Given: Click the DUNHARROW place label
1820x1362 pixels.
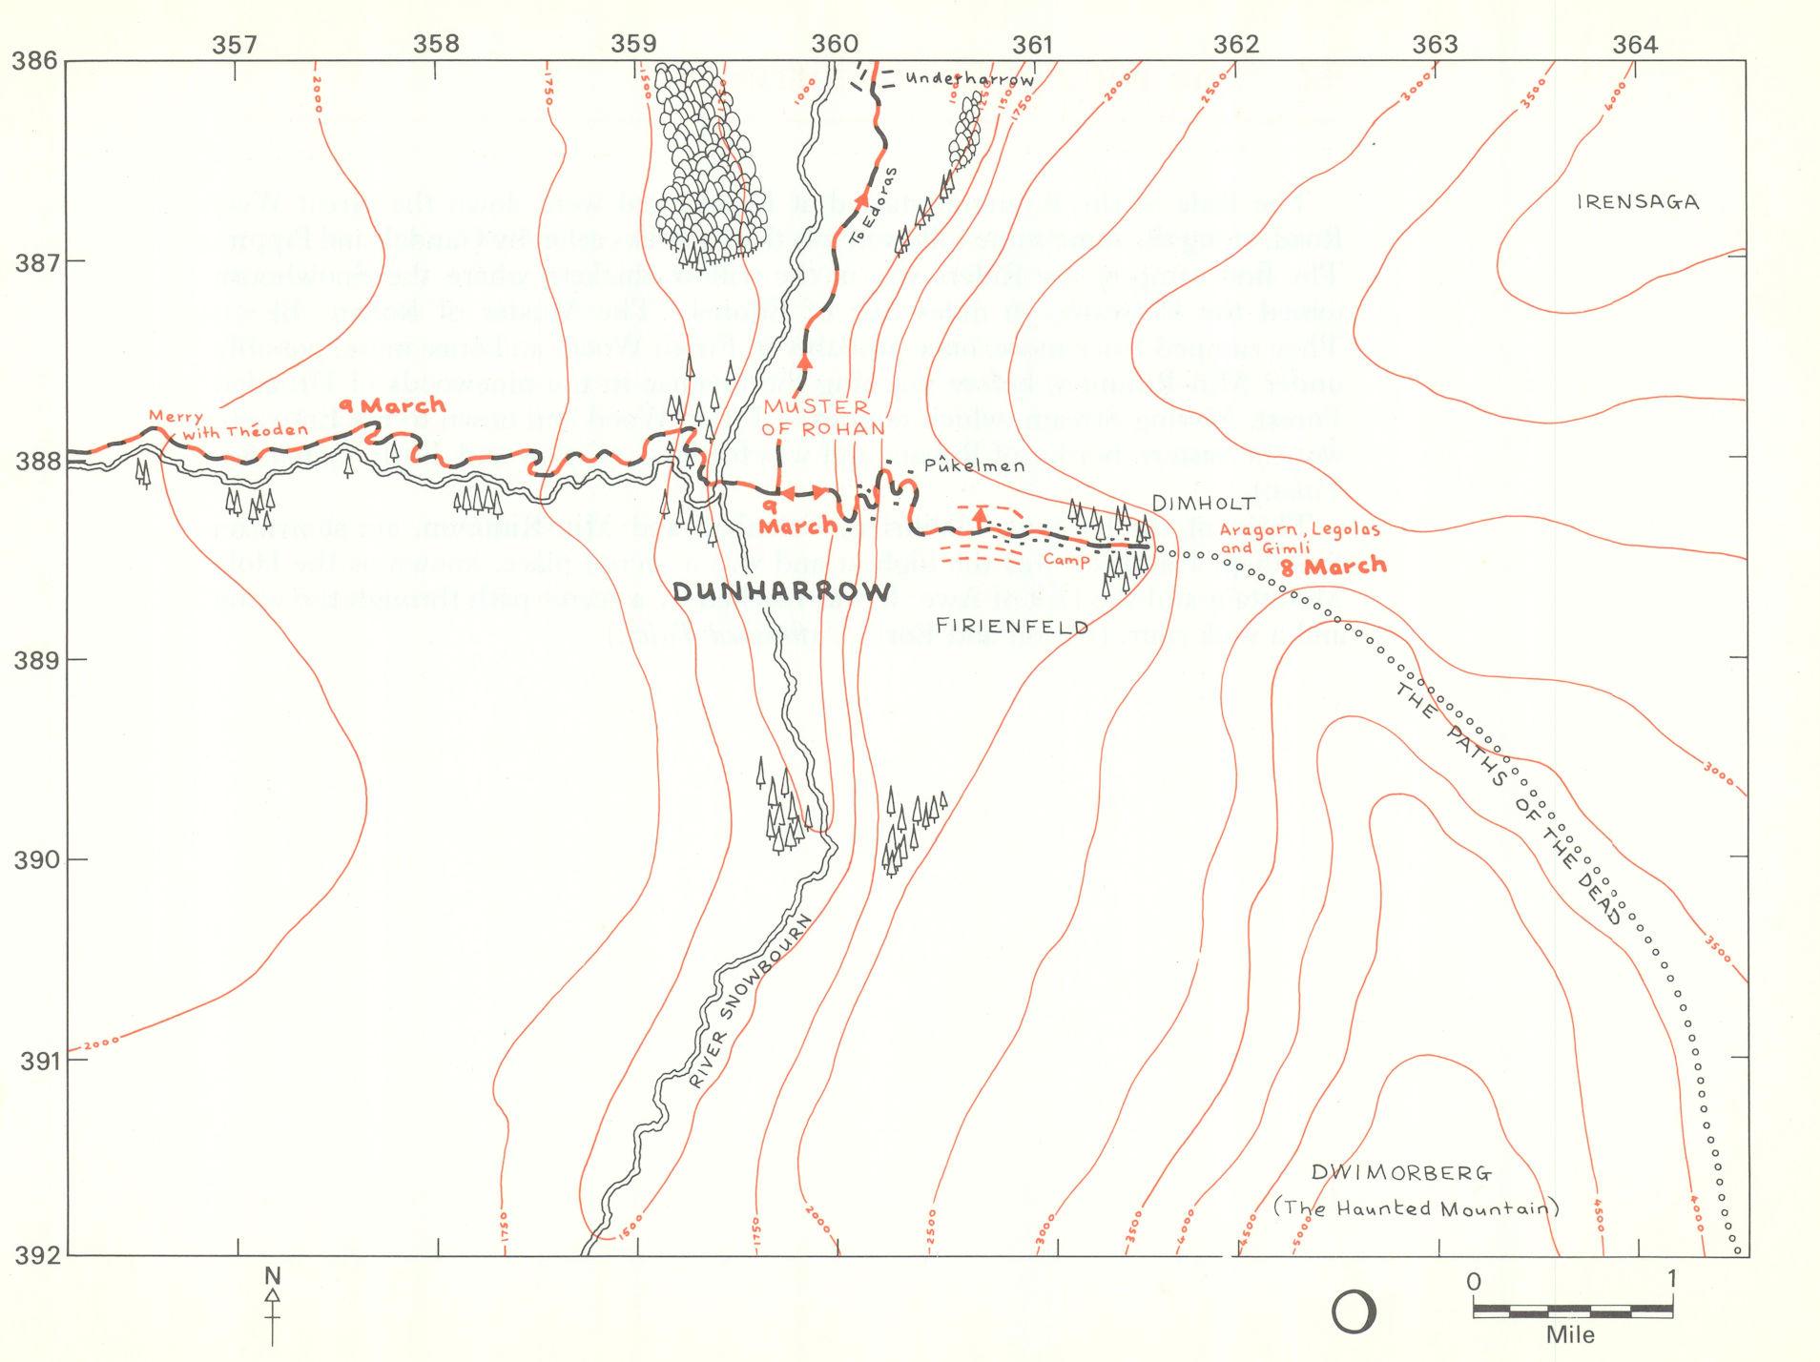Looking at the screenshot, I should coord(781,592).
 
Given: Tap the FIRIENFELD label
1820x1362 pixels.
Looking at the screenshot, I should coord(1012,627).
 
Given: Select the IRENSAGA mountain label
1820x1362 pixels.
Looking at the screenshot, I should coord(1637,202).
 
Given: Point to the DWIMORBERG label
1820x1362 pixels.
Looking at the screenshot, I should coord(1401,1173).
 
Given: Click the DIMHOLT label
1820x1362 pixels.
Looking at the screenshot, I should coord(1203,504).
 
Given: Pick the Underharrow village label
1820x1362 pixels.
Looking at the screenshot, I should coord(969,79).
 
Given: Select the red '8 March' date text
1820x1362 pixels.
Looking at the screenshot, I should coord(1333,567).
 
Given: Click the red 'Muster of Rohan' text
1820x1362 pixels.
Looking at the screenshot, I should coord(821,418).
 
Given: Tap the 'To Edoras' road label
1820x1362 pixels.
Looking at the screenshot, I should coord(873,206).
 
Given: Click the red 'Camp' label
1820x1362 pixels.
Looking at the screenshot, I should coord(1065,560).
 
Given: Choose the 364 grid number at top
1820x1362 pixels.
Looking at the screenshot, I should coord(1634,44).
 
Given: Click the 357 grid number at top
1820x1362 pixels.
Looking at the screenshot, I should coord(235,44).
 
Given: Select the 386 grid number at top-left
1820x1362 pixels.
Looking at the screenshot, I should coord(34,62).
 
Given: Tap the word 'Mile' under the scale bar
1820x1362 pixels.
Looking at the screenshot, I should coord(1569,1335).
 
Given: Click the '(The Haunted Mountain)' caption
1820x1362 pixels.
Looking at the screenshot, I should coord(1416,1208).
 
